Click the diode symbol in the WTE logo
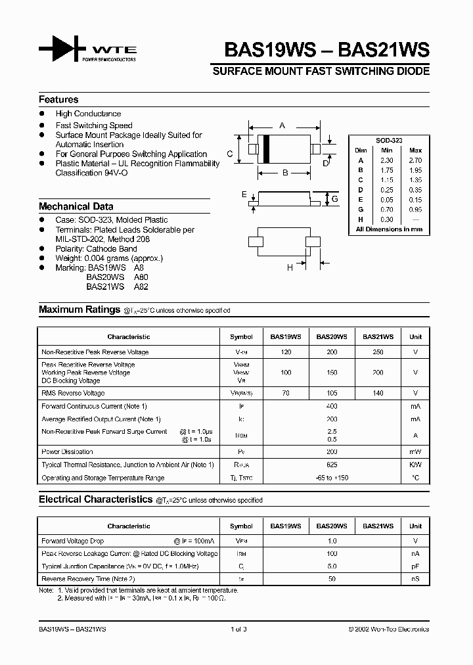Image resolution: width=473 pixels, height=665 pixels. (x=62, y=49)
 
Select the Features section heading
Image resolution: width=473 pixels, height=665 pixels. (x=58, y=100)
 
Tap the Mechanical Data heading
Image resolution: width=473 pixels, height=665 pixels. (x=76, y=206)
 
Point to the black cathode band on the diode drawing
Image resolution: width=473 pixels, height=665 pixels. (x=267, y=149)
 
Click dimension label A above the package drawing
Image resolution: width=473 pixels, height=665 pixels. (x=282, y=125)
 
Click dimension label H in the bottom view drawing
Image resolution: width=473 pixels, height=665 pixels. (x=289, y=267)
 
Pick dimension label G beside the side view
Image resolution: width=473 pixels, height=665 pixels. (x=334, y=198)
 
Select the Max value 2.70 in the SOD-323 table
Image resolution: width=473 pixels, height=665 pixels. (x=415, y=160)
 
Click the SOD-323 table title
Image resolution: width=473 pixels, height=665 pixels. (x=389, y=141)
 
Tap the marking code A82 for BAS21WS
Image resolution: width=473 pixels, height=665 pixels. (x=141, y=287)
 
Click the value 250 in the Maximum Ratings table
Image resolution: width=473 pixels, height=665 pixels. (x=378, y=352)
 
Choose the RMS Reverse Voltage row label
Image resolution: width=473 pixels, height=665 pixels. (x=73, y=393)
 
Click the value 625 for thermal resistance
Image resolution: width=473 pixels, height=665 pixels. (x=332, y=465)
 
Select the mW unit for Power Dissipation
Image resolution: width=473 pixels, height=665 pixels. (x=415, y=452)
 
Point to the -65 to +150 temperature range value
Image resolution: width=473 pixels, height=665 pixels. (x=332, y=478)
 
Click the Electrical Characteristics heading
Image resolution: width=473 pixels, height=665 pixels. (x=95, y=500)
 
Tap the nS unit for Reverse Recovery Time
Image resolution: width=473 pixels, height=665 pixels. (x=415, y=579)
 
